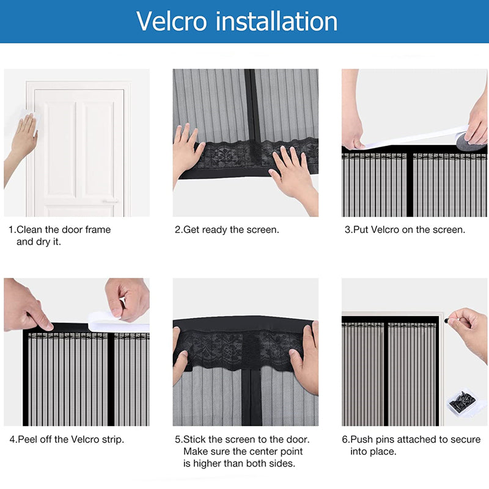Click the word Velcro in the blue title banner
pyautogui.click(x=172, y=21)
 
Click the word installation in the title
pyautogui.click(x=277, y=21)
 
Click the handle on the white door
pyautogui.click(x=111, y=201)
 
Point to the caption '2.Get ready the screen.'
pyautogui.click(x=227, y=230)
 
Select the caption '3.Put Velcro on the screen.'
pyautogui.click(x=405, y=230)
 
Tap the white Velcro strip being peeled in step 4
pyautogui.click(x=119, y=323)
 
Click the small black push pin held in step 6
pyautogui.click(x=447, y=320)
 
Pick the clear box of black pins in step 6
pyautogui.click(x=462, y=402)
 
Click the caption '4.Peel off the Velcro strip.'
pyautogui.click(x=67, y=439)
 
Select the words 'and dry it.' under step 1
pyautogui.click(x=39, y=241)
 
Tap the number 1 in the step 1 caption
pyautogui.click(x=11, y=230)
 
